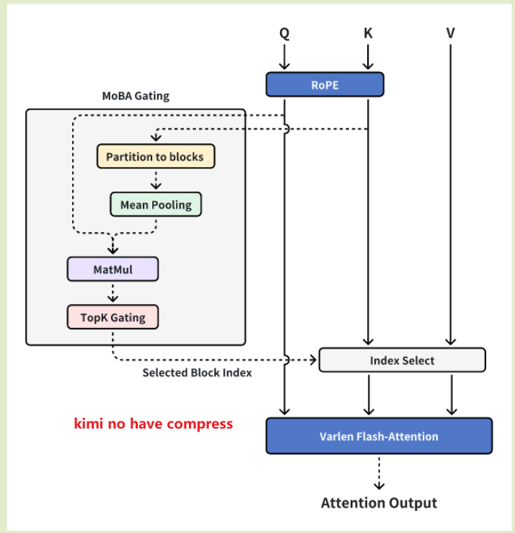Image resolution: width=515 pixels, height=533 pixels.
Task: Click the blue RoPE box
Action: [x=325, y=84]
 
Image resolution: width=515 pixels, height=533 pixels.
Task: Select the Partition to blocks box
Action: [x=155, y=156]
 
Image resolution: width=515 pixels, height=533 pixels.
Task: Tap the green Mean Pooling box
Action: [x=156, y=205]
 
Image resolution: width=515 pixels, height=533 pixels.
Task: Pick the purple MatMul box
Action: [x=112, y=269]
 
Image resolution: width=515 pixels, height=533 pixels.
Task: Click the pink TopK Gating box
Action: [x=112, y=317]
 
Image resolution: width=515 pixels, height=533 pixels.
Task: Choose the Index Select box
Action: [x=402, y=360]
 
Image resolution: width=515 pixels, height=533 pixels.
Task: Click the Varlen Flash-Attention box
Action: [x=379, y=436]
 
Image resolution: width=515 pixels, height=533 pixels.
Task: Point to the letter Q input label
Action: [x=284, y=32]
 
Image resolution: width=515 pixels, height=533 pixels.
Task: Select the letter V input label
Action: [x=451, y=32]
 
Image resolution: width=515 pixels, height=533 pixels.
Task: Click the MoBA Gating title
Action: [x=136, y=96]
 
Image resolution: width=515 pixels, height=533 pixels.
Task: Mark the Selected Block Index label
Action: [x=197, y=372]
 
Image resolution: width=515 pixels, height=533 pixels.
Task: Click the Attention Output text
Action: [x=379, y=502]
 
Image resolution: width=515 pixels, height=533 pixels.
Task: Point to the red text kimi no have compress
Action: [x=154, y=424]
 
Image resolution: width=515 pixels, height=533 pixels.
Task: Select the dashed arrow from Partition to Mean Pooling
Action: [x=156, y=180]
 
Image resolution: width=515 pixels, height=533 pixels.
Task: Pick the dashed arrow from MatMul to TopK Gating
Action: [x=112, y=293]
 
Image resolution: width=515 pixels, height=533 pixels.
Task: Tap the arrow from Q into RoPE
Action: [x=284, y=57]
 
